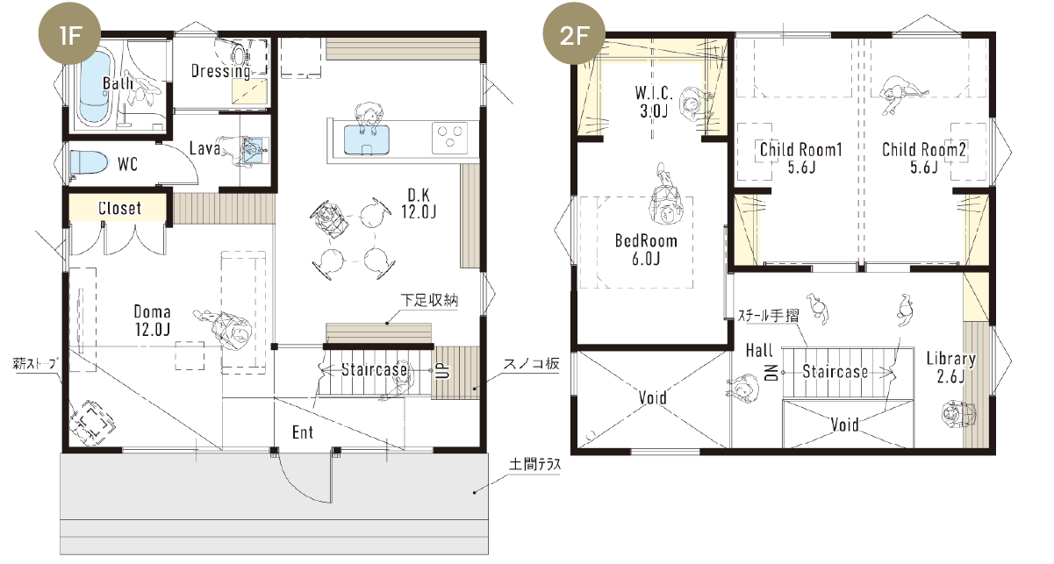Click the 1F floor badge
pyautogui.click(x=69, y=34)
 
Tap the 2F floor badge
pyautogui.click(x=574, y=34)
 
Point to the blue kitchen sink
pyautogui.click(x=367, y=139)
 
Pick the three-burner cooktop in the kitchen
pyautogui.click(x=450, y=137)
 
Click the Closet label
pyautogui.click(x=119, y=208)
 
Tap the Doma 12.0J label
pyautogui.click(x=152, y=320)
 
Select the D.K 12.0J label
pyautogui.click(x=419, y=203)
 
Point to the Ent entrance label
pyautogui.click(x=302, y=432)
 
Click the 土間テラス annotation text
pyautogui.click(x=535, y=464)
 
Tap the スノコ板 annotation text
pyautogui.click(x=531, y=364)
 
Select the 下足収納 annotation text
pyautogui.click(x=429, y=300)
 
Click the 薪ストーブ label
pyautogui.click(x=34, y=364)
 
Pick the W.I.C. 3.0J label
pyautogui.click(x=654, y=101)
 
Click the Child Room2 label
pyautogui.click(x=923, y=150)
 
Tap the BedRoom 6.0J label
pyautogui.click(x=646, y=249)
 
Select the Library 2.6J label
pyautogui.click(x=951, y=368)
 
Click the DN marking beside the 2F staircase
pyautogui.click(x=771, y=372)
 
